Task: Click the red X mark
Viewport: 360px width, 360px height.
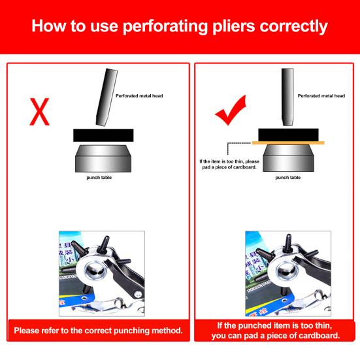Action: (39, 112)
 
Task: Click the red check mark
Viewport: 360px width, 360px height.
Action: (231, 110)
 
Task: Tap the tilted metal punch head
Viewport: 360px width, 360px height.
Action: (106, 97)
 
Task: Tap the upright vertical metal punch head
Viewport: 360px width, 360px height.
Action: (287, 97)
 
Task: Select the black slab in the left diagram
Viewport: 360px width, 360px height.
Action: (103, 135)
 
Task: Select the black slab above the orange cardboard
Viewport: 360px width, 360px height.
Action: (288, 135)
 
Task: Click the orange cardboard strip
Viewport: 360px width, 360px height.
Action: (288, 143)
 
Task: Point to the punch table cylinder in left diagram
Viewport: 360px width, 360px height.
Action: (103, 158)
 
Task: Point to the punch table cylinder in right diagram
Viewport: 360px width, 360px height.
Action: (288, 158)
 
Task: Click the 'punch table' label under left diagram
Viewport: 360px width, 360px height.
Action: (99, 178)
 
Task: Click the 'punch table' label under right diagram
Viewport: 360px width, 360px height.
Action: (288, 178)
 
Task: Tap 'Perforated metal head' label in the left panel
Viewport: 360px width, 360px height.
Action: (139, 96)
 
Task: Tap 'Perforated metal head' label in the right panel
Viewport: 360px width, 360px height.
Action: (321, 96)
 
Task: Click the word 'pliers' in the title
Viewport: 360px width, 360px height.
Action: (233, 26)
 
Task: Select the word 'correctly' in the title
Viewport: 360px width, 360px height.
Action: (293, 27)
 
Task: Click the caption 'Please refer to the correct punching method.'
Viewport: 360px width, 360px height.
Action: (98, 331)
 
